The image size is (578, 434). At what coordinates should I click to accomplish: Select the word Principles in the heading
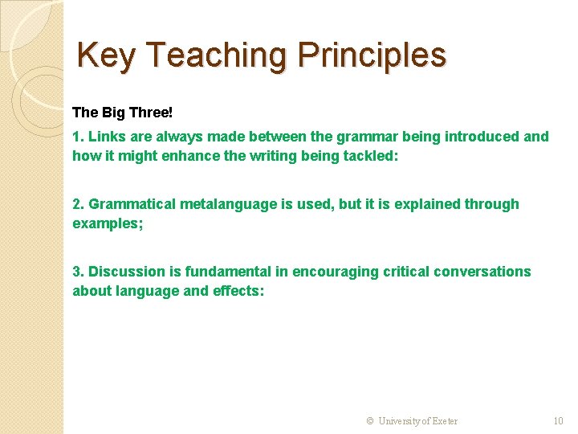tap(372, 55)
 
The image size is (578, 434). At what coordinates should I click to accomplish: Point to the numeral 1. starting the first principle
tap(78, 137)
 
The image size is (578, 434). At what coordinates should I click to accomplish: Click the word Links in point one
tap(105, 137)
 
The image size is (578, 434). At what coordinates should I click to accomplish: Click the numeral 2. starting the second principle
tap(78, 204)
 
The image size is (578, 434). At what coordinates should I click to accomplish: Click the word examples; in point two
tap(108, 223)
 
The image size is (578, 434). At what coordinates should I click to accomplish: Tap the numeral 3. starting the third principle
tap(78, 272)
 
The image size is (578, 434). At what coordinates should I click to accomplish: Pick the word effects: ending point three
tap(238, 291)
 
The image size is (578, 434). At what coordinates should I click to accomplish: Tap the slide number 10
tap(558, 421)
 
